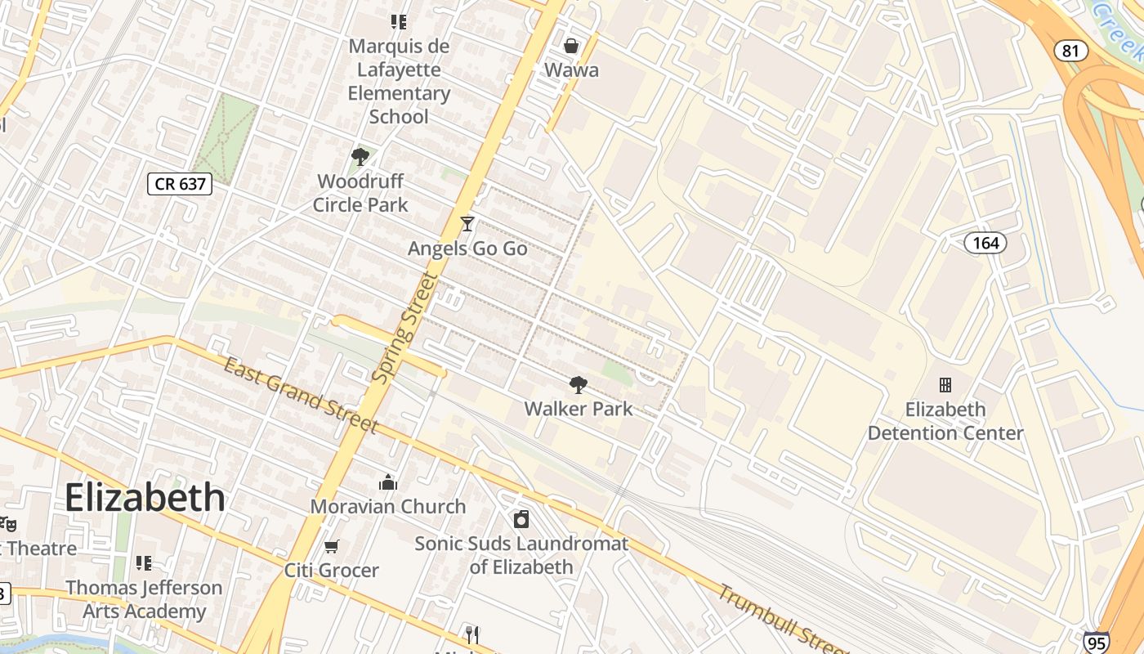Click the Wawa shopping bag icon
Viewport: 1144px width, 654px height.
(x=571, y=46)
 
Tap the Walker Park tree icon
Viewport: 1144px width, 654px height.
(x=578, y=384)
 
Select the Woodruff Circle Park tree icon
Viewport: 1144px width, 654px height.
(x=360, y=156)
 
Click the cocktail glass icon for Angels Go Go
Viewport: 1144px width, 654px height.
(x=467, y=223)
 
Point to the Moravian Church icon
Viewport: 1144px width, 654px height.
(x=388, y=482)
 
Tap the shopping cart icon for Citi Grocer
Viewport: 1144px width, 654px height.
(x=331, y=546)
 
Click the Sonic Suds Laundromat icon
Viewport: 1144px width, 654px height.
(x=521, y=519)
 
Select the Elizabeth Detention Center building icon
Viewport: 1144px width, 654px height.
(x=945, y=384)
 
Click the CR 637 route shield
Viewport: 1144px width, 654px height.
(x=180, y=184)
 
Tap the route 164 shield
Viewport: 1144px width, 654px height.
(x=985, y=243)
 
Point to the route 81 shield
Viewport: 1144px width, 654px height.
(x=1070, y=51)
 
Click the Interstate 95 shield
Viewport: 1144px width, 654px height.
(x=1097, y=643)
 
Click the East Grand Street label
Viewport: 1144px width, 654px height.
(x=301, y=395)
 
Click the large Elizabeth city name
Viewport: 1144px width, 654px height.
(x=145, y=497)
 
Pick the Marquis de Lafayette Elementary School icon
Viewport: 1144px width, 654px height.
(x=398, y=22)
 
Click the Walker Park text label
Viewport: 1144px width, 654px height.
(x=579, y=408)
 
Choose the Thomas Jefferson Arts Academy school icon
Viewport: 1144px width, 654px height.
(x=144, y=562)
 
